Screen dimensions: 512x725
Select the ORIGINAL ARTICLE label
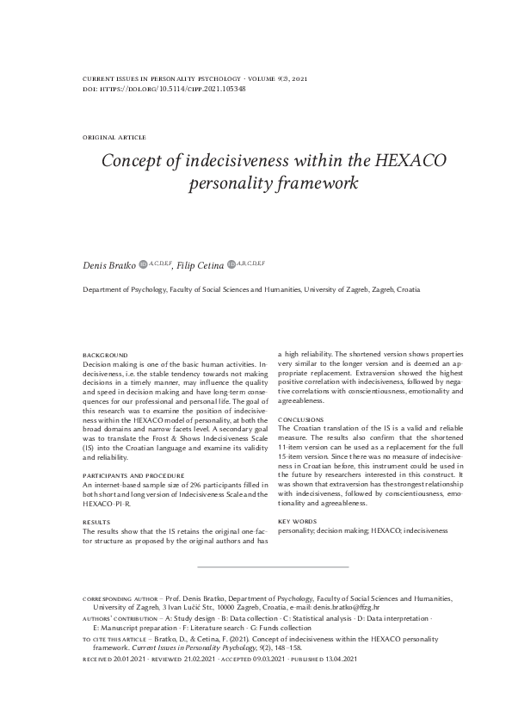(x=114, y=138)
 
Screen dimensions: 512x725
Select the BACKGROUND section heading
(x=105, y=355)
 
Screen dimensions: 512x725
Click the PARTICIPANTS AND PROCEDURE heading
(x=133, y=475)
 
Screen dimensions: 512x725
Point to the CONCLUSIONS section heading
(x=301, y=419)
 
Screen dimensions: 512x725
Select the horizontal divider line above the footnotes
(x=273, y=567)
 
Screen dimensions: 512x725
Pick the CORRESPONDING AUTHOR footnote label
(x=120, y=597)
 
